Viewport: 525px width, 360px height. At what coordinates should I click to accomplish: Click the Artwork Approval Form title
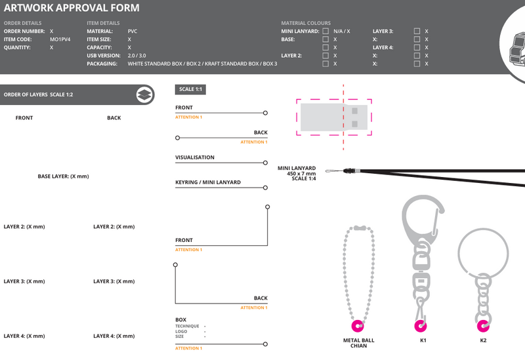pos(72,8)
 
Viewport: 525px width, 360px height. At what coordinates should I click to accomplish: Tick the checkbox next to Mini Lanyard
pos(325,31)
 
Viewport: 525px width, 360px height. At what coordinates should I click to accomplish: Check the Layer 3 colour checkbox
pos(417,31)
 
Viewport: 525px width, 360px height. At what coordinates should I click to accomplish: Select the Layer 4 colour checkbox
pos(417,47)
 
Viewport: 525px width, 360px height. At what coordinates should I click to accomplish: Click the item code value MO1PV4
pos(60,39)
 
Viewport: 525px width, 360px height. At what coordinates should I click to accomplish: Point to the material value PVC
pos(133,31)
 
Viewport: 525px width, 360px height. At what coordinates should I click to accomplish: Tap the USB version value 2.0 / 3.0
pos(136,56)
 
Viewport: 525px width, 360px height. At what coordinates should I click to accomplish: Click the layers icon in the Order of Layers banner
pos(144,94)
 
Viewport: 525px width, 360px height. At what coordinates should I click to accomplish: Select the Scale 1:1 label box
pos(190,89)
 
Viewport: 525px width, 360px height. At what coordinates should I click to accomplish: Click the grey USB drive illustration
pos(334,117)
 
